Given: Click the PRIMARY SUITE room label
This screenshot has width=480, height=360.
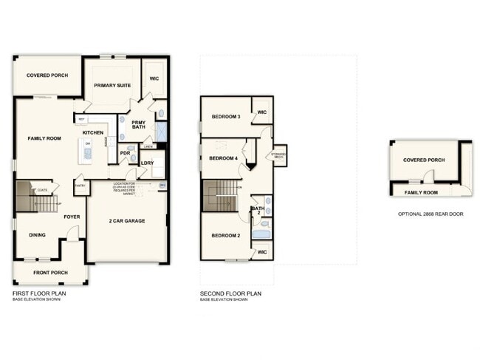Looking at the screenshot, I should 113,86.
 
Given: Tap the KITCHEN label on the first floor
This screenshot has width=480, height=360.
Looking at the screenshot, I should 103,132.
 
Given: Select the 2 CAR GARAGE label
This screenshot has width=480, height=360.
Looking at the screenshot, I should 127,221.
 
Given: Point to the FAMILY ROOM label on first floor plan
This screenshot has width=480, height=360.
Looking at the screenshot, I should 44,138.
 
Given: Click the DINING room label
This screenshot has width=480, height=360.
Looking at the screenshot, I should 37,235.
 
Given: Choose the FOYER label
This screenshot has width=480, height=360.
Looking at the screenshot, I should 72,217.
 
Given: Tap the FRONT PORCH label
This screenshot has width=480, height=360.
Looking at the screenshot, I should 49,273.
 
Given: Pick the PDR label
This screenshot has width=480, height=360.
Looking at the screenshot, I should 125,154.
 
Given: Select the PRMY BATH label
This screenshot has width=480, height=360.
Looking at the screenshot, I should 139,125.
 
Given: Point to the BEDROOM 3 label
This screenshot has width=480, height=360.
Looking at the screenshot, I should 226,116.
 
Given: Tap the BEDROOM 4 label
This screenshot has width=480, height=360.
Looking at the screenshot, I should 223,158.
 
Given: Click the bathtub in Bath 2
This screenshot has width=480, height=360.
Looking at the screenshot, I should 261,237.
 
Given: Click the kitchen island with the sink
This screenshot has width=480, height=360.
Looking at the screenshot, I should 88,150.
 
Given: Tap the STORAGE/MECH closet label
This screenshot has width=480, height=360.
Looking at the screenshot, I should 279,156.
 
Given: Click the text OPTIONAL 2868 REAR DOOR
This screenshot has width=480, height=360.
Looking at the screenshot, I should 430,214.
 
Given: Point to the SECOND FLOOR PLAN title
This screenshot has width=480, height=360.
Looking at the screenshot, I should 230,293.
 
